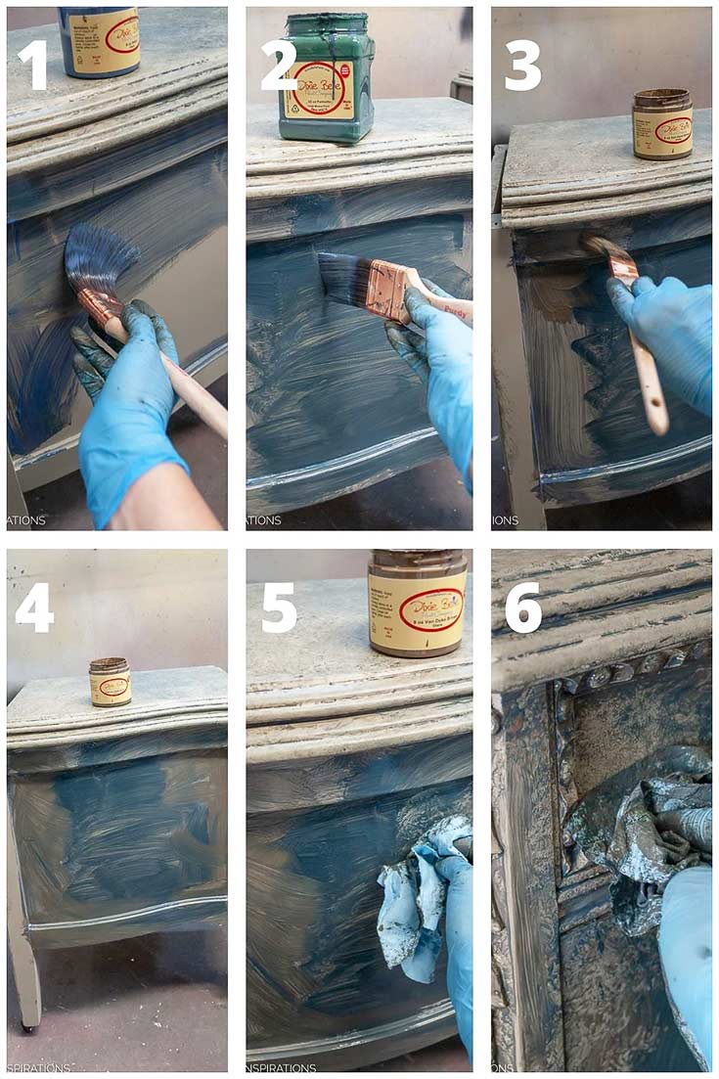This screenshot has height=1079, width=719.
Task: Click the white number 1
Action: tap(32, 66)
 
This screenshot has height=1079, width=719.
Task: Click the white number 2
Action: tap(278, 66)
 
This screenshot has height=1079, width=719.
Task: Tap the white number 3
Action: tap(522, 66)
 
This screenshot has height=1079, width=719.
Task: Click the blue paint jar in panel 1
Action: tap(99, 39)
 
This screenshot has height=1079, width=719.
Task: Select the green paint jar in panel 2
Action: tap(326, 78)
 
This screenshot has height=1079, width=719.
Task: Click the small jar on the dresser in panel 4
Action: tap(110, 681)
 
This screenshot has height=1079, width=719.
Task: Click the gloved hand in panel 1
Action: tap(127, 411)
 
